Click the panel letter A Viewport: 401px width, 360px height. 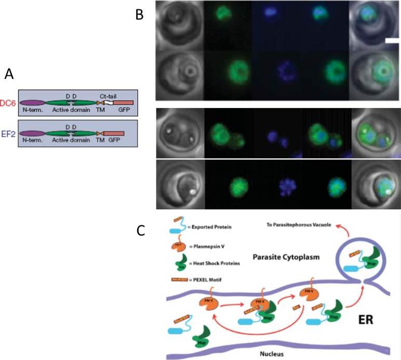8,75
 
